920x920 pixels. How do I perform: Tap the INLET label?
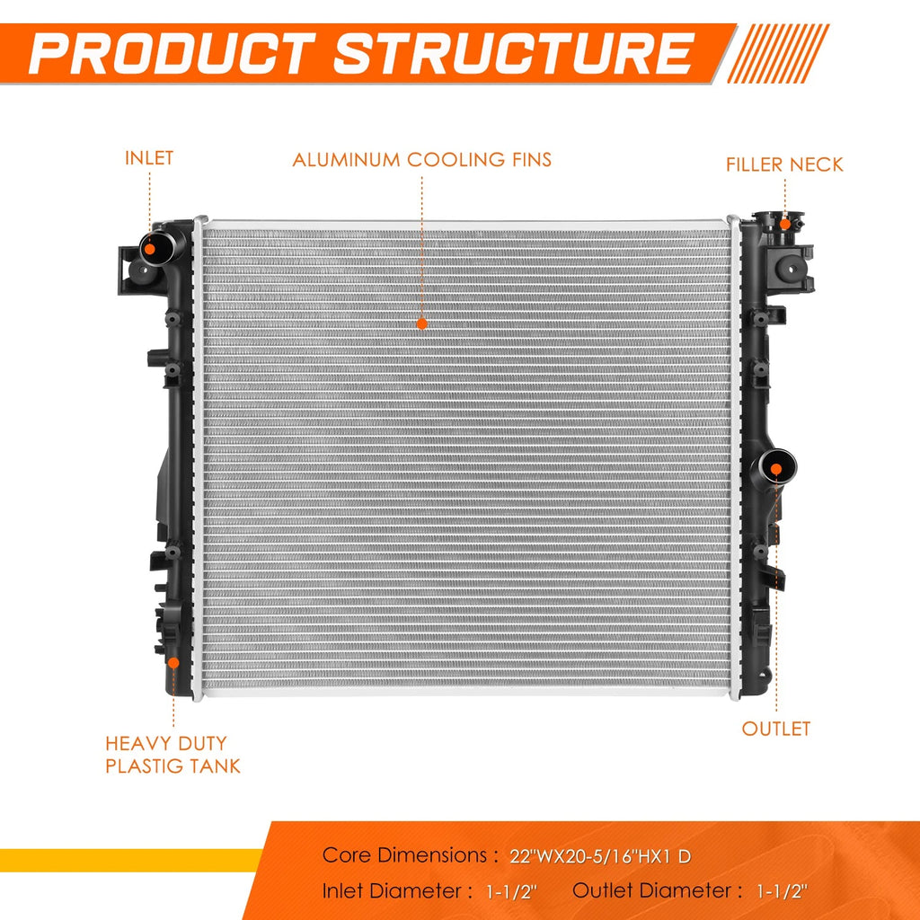coord(149,158)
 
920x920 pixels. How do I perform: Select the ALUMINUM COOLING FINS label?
coord(422,160)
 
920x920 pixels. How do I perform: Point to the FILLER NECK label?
coord(784,164)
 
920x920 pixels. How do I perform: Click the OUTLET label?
coord(775,729)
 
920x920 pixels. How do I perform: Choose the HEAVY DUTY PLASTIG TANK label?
coord(172,755)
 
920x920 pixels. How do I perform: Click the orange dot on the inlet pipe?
coord(150,249)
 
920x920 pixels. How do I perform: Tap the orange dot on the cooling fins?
coord(422,323)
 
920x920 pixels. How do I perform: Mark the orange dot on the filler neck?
coord(785,224)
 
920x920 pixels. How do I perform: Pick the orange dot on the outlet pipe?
coord(775,469)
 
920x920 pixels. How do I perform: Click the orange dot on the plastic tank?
coord(173,663)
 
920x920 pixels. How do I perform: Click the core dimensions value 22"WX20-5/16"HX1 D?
coord(600,856)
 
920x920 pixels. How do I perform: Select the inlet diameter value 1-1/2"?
coord(511,892)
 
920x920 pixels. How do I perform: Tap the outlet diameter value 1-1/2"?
coord(783,892)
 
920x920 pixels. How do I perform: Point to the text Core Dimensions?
coord(404,855)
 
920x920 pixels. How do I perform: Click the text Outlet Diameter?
coord(651,890)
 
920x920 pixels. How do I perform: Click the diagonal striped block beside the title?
coord(778,53)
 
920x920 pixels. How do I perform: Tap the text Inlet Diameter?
coord(391,891)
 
